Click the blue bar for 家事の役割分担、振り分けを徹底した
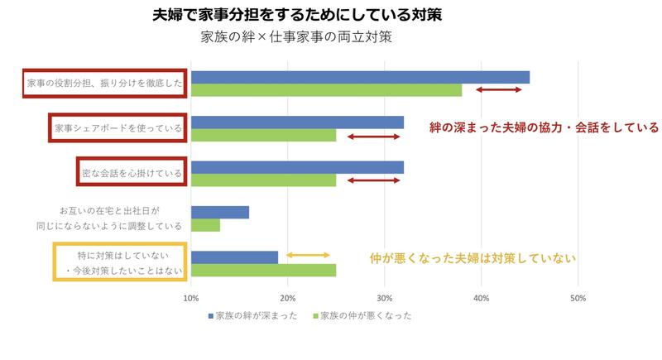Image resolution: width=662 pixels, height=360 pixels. (360, 78)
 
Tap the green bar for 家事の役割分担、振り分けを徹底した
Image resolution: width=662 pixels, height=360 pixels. (326, 90)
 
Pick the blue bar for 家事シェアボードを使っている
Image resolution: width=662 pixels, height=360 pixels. (297, 122)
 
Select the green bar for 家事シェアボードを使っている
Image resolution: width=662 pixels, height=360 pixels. (263, 135)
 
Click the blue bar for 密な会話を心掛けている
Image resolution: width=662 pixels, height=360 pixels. (297, 167)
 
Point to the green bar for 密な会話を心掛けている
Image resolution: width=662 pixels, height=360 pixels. (263, 180)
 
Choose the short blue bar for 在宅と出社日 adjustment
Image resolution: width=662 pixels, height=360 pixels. (220, 213)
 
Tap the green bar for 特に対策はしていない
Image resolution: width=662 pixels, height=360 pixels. (263, 270)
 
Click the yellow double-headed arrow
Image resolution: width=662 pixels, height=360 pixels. (308, 256)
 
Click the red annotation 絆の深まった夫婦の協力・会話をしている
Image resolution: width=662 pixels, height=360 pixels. (544, 128)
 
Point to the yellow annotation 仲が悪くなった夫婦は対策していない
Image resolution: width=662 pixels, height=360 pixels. (472, 258)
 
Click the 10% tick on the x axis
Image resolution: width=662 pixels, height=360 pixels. (191, 298)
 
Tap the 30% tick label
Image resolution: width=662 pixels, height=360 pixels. (385, 298)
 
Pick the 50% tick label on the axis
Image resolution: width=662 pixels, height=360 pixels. (578, 298)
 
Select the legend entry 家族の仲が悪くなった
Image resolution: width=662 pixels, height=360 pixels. (361, 316)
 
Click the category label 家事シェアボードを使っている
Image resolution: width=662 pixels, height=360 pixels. (117, 128)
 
